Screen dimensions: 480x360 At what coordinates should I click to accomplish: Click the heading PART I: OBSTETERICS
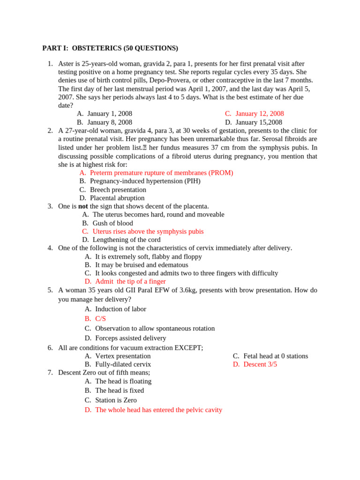coord(110,48)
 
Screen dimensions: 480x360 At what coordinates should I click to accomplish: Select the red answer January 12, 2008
coord(260,114)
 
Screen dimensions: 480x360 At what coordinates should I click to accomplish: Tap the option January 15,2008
coord(259,122)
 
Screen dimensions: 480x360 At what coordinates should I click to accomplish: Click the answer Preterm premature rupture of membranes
coord(161,173)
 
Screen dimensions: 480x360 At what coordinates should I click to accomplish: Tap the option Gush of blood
coord(112,223)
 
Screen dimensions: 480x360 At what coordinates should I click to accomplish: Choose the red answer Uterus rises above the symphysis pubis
coord(148,232)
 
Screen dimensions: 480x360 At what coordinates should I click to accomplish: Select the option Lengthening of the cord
coord(127,240)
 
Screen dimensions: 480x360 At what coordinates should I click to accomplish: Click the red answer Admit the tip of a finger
coord(130,282)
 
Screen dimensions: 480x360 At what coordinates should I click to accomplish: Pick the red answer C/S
coord(100,319)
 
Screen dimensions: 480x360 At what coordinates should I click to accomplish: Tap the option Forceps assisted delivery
coord(130,338)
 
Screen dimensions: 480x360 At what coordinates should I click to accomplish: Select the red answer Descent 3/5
coord(260,364)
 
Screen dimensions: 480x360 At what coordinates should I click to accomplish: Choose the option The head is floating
coord(123,382)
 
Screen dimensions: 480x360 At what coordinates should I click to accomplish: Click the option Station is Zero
coord(116,400)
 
